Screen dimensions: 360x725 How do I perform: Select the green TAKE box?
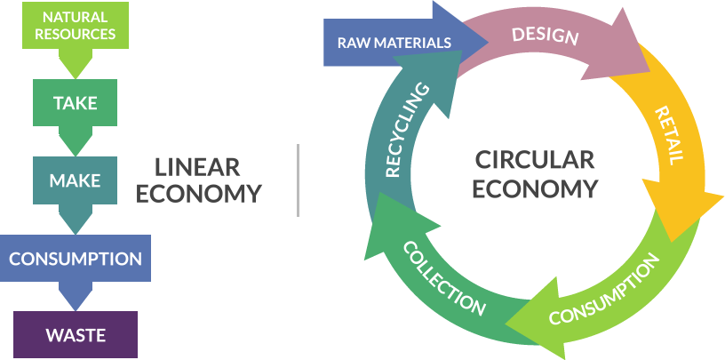click(75, 102)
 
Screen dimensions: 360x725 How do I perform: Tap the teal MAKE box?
click(75, 180)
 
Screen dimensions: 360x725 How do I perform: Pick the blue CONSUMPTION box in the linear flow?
click(75, 259)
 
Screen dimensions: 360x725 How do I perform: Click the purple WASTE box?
click(76, 335)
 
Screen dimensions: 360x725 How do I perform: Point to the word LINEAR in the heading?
click(197, 166)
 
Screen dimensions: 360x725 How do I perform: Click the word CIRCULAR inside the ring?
click(534, 160)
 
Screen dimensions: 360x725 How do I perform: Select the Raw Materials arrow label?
click(394, 42)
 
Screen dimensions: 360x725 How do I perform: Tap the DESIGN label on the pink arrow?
click(545, 36)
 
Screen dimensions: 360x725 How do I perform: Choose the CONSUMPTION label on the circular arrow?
click(604, 291)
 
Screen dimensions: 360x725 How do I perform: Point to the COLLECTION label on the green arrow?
click(444, 277)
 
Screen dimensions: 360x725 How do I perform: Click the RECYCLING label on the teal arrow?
click(408, 130)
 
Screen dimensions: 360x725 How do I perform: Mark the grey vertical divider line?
click(298, 180)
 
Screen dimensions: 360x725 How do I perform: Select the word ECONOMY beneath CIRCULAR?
click(535, 188)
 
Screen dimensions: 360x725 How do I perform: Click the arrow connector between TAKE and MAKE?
click(75, 142)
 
